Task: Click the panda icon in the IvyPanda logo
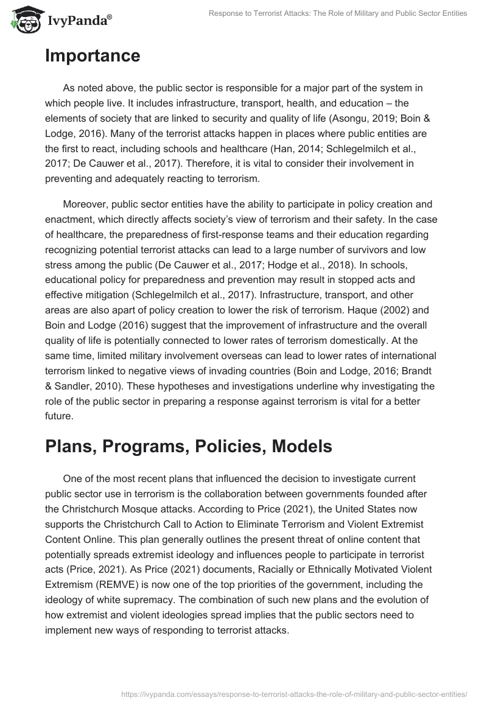(24, 20)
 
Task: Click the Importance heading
(93, 56)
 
